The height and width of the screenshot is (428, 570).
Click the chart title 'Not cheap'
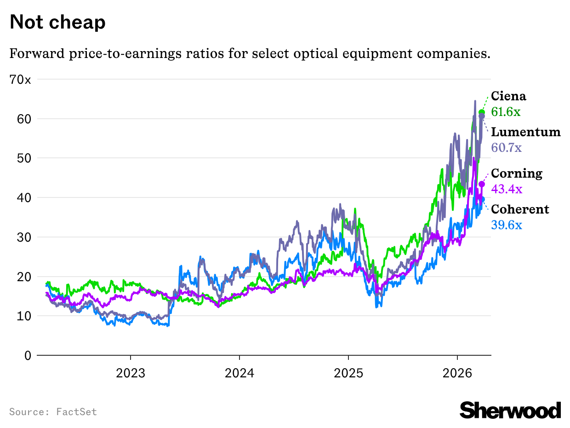click(x=57, y=22)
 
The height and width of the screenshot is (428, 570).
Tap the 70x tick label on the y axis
click(x=20, y=80)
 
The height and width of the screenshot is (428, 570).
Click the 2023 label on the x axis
click(x=131, y=372)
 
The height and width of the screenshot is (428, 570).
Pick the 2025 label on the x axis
click(x=348, y=372)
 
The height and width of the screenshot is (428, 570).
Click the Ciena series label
click(x=508, y=96)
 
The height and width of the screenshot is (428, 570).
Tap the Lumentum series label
click(x=526, y=133)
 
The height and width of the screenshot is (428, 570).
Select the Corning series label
click(x=517, y=174)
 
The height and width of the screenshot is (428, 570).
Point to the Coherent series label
click(x=520, y=209)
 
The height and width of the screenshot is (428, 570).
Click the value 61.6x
click(x=506, y=112)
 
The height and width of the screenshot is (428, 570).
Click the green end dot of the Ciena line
click(x=482, y=112)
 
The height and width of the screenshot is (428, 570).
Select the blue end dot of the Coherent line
click(x=482, y=199)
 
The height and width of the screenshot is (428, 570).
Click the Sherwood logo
click(x=510, y=410)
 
